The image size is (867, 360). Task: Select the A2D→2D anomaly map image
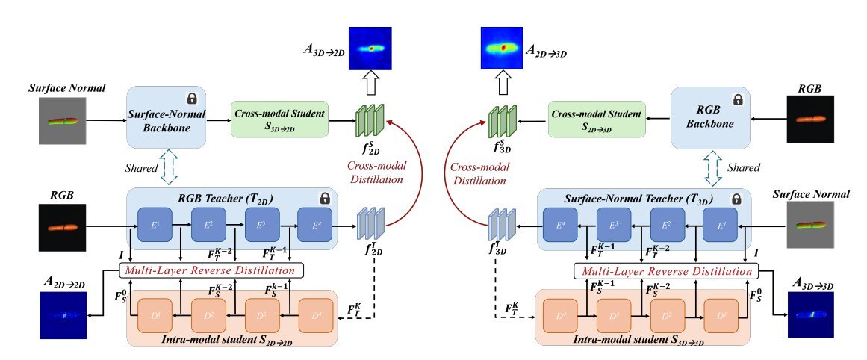[63, 315]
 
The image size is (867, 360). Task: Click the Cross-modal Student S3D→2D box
[280, 120]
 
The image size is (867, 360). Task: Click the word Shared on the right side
[749, 167]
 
